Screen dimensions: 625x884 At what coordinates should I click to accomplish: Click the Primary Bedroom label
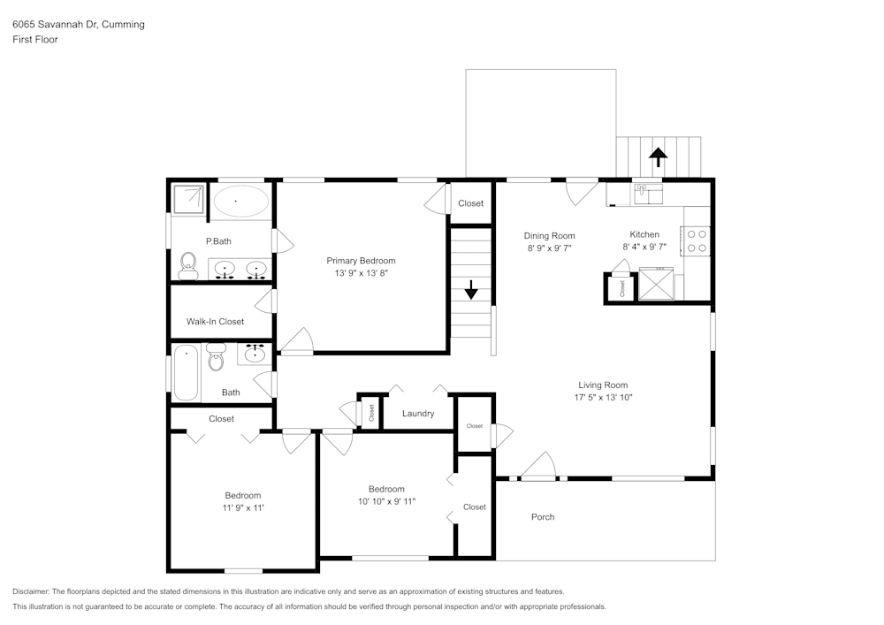(x=361, y=261)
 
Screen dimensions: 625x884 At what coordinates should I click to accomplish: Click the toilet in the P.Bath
(x=187, y=263)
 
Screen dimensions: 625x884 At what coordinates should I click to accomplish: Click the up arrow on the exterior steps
(x=658, y=156)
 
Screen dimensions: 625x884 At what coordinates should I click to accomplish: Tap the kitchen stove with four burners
(x=697, y=241)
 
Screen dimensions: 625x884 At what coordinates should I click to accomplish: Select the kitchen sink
(x=649, y=192)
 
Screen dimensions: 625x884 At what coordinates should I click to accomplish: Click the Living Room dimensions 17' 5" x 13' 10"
(x=603, y=398)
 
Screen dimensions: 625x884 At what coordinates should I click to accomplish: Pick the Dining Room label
(x=550, y=236)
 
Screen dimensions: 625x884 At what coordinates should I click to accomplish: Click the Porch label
(x=543, y=517)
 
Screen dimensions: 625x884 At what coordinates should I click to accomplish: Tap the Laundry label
(x=417, y=414)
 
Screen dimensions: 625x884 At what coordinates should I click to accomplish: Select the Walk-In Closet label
(x=215, y=322)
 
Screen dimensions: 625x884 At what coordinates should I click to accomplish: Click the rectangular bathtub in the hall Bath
(x=186, y=373)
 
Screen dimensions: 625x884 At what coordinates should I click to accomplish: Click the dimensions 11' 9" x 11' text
(x=242, y=508)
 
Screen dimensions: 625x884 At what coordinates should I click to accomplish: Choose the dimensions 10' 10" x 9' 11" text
(x=386, y=501)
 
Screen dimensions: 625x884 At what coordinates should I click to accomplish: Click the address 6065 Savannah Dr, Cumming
(x=79, y=25)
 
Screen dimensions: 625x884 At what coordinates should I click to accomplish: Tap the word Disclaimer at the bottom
(x=32, y=591)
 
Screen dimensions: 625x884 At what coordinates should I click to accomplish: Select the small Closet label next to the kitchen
(x=622, y=288)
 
